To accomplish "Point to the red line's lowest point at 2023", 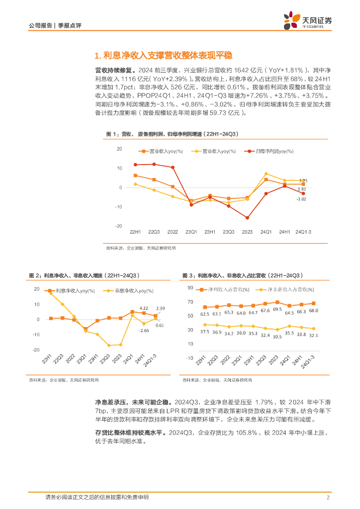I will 247,218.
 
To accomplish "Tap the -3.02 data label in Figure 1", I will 302,199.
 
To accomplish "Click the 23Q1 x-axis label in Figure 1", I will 191,232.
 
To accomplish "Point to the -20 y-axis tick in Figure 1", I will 119,226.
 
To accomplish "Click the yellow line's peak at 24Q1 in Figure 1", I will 266,173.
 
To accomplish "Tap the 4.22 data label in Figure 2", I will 144,308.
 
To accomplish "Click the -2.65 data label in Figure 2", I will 144,330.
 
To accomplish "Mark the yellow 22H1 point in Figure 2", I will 51,293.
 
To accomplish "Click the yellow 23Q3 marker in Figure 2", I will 108,345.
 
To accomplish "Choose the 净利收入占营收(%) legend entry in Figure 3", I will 227,289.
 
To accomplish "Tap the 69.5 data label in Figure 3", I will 277,310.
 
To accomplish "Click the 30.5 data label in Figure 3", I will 277,336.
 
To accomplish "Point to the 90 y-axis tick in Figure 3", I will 190,288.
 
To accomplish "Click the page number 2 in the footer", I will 328,498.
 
